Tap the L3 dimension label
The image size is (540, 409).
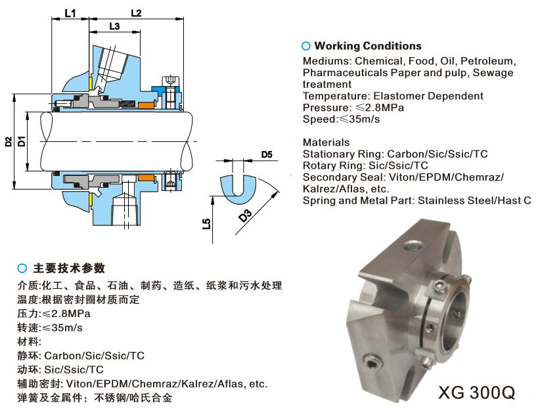114,26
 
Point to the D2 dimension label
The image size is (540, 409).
8,141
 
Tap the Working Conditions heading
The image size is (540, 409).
368,46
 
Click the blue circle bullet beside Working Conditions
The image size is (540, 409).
305,46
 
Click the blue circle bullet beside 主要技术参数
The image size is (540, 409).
22,269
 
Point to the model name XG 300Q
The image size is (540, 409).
476,393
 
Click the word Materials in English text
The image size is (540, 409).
326,142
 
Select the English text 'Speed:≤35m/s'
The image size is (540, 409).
341,119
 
